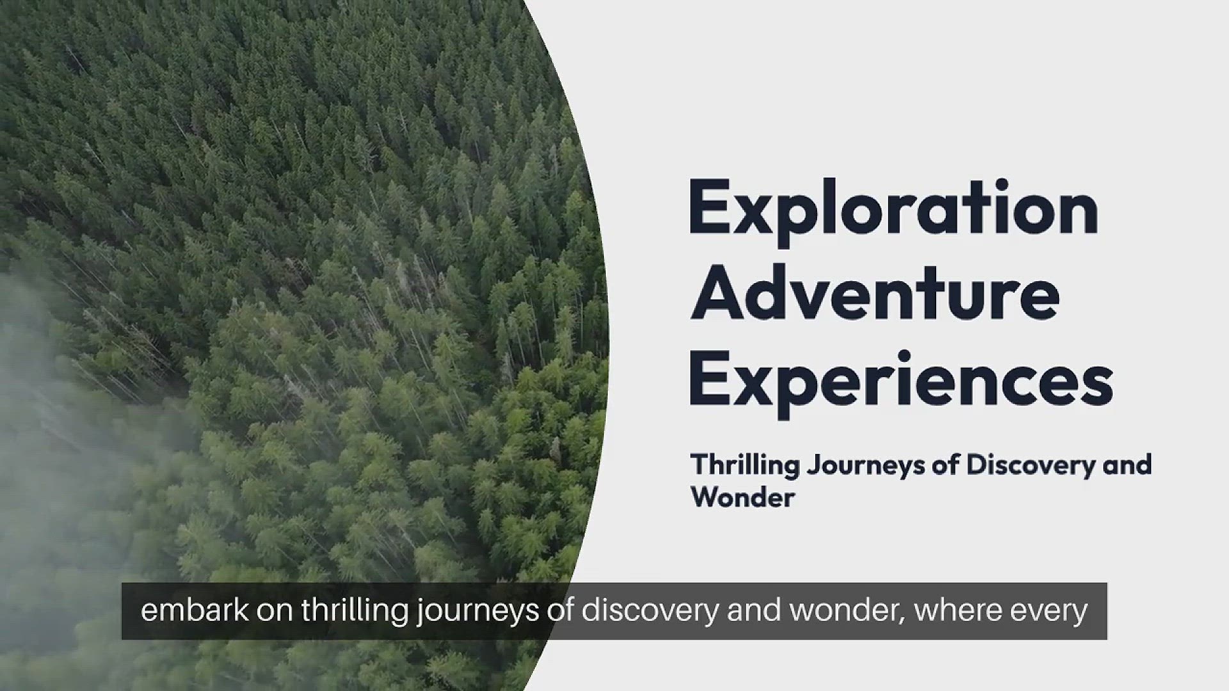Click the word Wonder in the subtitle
[x=743, y=498]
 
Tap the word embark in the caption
[x=195, y=610]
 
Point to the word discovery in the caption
[x=650, y=611]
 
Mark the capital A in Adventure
[x=716, y=294]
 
